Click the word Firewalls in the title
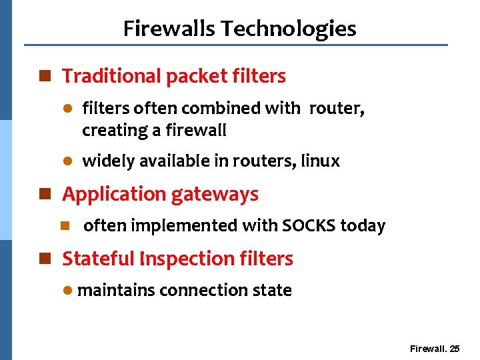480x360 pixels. [169, 29]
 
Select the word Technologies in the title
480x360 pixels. [289, 29]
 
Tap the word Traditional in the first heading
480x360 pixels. [111, 77]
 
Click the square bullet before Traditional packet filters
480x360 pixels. [45, 77]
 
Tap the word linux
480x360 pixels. [320, 161]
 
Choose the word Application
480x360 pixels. [114, 195]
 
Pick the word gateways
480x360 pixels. [215, 195]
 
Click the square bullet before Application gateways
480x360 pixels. [45, 195]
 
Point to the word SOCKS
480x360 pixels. [309, 226]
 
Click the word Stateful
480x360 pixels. [97, 259]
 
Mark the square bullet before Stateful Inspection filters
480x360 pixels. [45, 259]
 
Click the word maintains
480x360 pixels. [116, 291]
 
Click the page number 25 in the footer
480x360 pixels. [455, 349]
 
